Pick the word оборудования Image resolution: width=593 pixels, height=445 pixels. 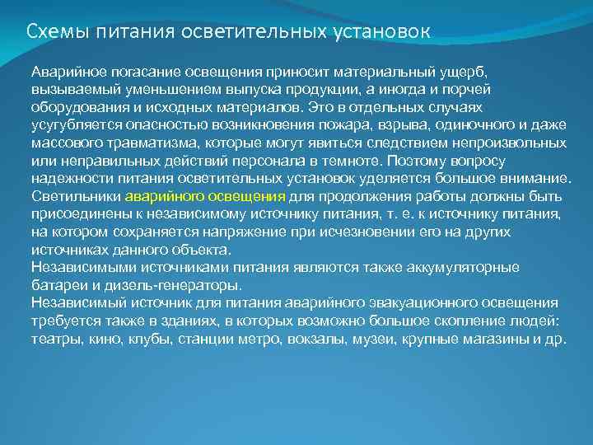73,108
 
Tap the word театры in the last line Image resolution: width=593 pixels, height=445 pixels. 54,340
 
